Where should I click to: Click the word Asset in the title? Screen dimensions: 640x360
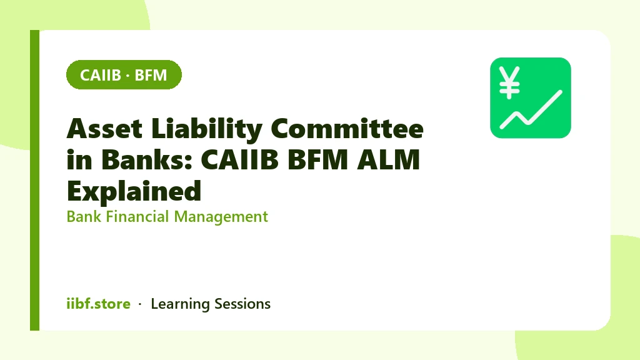104,129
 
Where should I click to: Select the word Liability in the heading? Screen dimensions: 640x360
206,129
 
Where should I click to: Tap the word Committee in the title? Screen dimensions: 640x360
347,129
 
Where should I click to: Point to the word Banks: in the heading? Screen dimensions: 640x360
146,159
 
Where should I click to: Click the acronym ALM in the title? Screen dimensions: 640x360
388,159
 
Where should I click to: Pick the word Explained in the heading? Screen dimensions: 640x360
134,191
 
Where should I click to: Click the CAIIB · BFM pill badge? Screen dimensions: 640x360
124,75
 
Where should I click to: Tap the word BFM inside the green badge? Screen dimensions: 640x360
151,75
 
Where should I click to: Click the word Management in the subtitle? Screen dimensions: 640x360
221,217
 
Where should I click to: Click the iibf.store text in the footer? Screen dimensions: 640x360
98,304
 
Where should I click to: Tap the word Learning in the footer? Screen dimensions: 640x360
180,304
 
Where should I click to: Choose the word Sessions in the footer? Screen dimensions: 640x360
242,304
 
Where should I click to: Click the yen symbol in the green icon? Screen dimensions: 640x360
509,83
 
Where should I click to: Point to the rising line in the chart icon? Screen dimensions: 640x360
531,109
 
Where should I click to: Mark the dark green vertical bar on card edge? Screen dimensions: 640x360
35,180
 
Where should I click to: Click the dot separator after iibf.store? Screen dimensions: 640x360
140,304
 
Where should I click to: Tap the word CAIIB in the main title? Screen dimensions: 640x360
240,159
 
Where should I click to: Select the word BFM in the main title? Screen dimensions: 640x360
318,159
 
